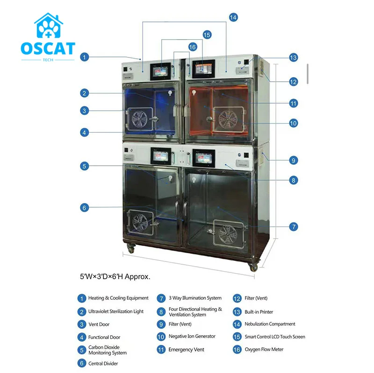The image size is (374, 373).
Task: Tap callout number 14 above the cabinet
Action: point(233,17)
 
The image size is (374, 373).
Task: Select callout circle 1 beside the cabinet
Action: point(84,57)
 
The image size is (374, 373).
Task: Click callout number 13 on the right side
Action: point(293,58)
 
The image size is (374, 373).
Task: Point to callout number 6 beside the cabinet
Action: point(84,208)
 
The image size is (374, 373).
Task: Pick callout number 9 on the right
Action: point(293,160)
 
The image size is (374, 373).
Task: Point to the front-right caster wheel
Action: point(253,267)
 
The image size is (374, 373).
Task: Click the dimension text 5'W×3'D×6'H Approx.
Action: point(115,276)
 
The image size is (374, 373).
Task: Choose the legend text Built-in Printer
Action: point(259,312)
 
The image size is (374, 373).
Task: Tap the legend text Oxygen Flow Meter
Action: point(264,349)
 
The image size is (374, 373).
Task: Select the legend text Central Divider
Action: point(103,363)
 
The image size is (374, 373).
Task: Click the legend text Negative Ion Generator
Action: point(192,336)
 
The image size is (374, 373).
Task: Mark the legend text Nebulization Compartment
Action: point(270,324)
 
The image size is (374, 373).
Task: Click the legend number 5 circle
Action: point(82,350)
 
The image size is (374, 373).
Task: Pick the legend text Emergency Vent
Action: point(186,349)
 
